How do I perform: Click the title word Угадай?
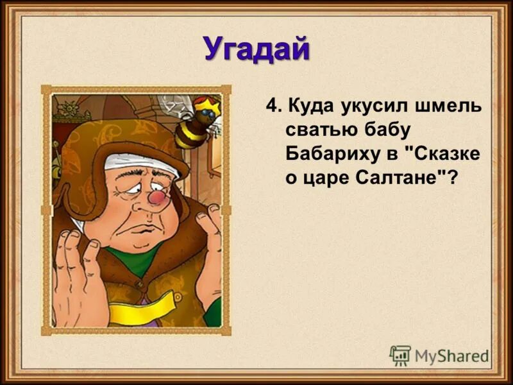pyautogui.click(x=256, y=49)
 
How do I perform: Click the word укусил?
pyautogui.click(x=374, y=105)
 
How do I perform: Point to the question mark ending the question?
pyautogui.click(x=454, y=178)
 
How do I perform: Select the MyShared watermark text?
pyautogui.click(x=451, y=355)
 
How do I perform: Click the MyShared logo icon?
pyautogui.click(x=400, y=355)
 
